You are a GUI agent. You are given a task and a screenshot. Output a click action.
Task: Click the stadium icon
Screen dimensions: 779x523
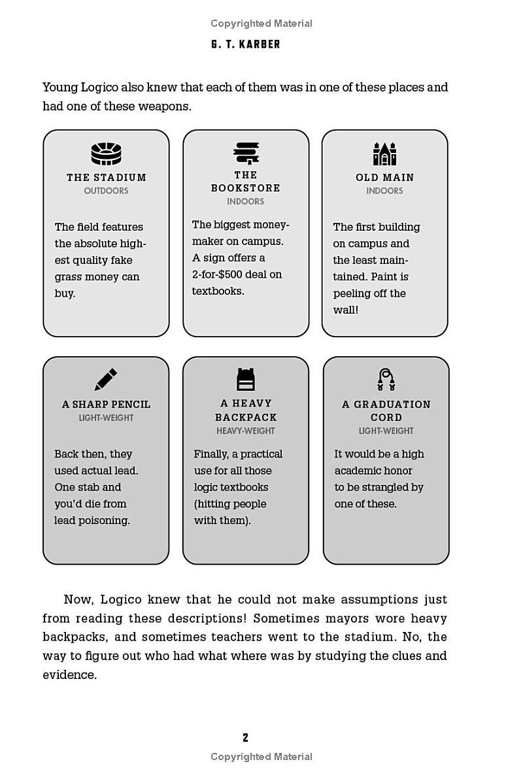106,154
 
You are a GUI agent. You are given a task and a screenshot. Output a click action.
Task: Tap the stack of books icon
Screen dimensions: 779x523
246,153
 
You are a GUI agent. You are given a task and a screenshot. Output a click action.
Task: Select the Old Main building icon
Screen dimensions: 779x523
385,154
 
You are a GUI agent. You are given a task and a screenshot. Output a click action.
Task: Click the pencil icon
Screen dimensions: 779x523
105,380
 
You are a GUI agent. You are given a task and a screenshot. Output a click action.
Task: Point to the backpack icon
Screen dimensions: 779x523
246,379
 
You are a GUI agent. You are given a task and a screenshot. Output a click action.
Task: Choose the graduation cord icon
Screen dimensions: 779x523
386,379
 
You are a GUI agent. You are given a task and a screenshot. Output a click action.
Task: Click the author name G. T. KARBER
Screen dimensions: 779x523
246,44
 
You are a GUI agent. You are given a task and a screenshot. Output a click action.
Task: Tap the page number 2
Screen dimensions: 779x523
245,738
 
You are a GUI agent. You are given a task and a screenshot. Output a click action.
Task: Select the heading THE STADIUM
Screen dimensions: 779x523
107,177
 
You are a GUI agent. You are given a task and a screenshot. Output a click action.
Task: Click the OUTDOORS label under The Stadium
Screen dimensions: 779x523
106,191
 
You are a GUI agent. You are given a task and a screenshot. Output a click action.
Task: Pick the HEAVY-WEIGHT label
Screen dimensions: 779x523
246,431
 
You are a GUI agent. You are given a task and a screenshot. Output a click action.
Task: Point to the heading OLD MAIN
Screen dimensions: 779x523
384,177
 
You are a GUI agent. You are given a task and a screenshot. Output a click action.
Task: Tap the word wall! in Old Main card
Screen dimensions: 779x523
346,310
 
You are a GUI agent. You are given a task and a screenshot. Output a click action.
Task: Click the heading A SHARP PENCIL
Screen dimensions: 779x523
106,405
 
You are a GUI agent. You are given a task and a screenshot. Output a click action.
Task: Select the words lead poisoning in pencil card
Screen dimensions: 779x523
92,520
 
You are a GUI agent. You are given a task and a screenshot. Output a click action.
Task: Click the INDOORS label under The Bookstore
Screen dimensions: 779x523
246,201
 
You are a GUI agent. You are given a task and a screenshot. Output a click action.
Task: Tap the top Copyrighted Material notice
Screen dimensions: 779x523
261,24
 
